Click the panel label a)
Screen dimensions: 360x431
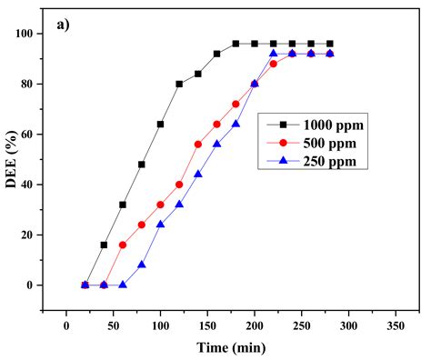[61, 25]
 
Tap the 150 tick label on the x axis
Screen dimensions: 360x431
[207, 325]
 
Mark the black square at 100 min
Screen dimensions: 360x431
[160, 124]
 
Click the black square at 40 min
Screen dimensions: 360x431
[104, 245]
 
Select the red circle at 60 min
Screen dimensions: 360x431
[123, 245]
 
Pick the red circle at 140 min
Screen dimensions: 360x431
[198, 144]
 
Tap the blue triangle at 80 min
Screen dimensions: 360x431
[142, 265]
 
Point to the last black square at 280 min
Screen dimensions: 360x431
[329, 43]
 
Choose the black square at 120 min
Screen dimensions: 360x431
[179, 84]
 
